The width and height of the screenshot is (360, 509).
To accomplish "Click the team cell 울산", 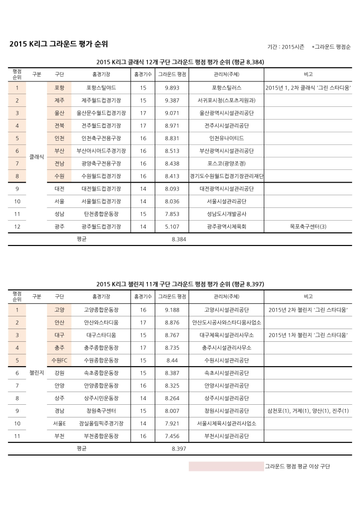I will pyautogui.click(x=59, y=113).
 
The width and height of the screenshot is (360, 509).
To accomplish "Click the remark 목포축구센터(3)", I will pyautogui.click(x=308, y=226).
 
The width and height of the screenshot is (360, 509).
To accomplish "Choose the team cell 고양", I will pyautogui.click(x=59, y=310).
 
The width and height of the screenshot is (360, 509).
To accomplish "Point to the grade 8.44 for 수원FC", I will pyautogui.click(x=172, y=360).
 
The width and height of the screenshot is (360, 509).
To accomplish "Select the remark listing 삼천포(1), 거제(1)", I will pyautogui.click(x=308, y=411).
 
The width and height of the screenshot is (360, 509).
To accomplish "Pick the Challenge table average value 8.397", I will pyautogui.click(x=179, y=449).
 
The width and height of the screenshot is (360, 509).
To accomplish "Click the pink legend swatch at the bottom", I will pyautogui.click(x=226, y=466).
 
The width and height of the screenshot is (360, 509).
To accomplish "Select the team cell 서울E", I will pyautogui.click(x=59, y=423).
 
